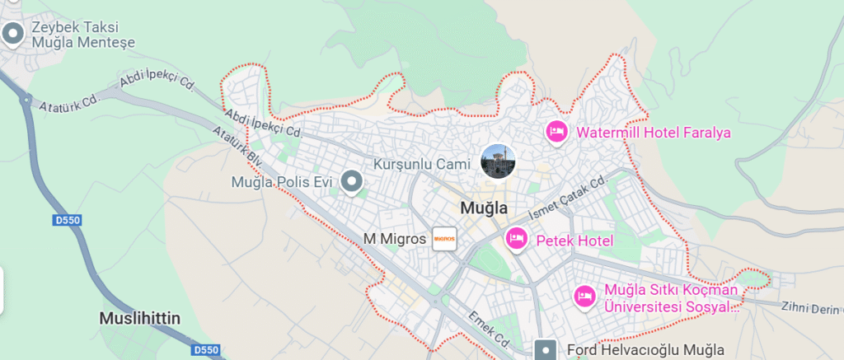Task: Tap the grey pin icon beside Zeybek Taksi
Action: click(13, 34)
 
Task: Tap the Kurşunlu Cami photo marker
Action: click(497, 161)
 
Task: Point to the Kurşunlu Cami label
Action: click(421, 164)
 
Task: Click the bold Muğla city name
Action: click(484, 208)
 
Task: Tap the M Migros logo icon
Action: click(444, 239)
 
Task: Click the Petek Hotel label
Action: click(574, 241)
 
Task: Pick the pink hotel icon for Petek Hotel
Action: click(516, 239)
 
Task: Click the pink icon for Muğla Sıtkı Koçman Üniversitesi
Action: click(584, 297)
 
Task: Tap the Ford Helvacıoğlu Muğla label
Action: click(645, 350)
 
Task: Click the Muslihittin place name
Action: click(139, 318)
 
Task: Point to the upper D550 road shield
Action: click(65, 220)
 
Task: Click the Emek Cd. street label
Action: click(492, 328)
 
